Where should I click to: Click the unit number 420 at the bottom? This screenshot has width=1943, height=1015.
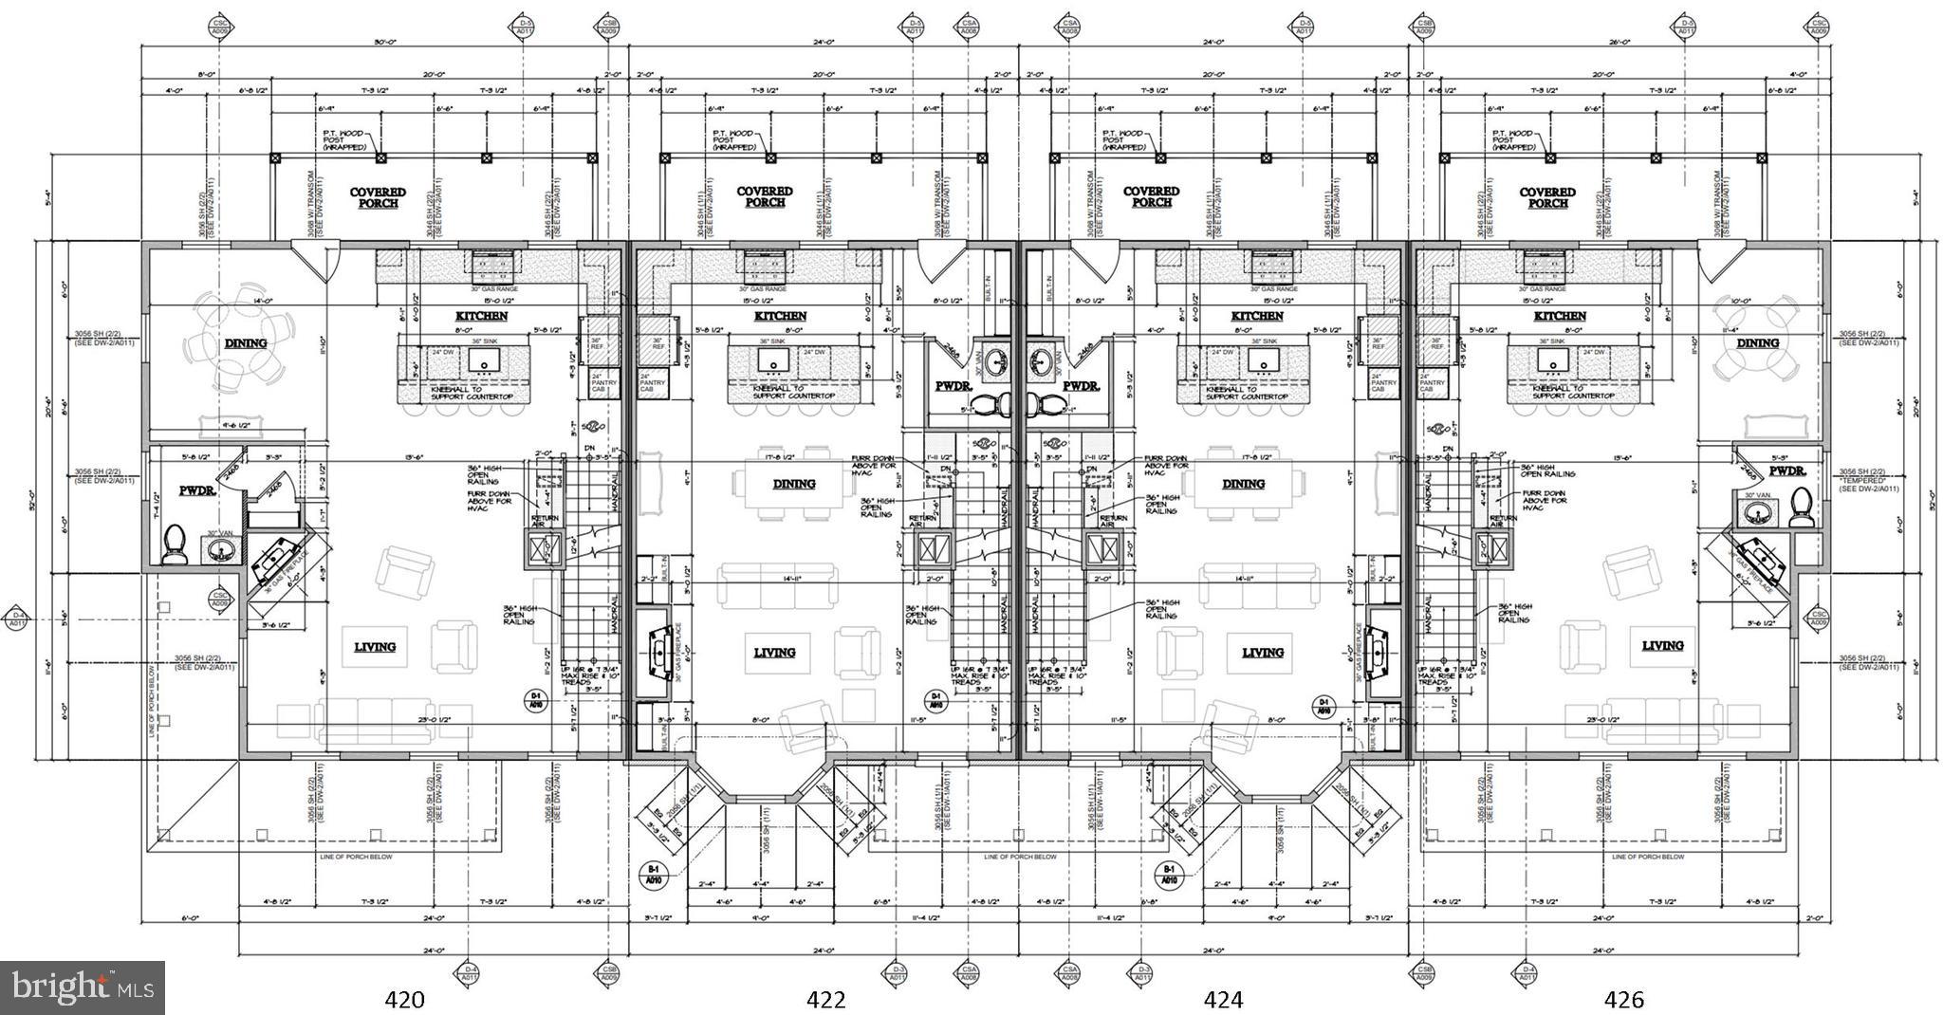coord(403,998)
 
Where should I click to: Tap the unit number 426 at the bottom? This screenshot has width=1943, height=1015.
coord(1623,998)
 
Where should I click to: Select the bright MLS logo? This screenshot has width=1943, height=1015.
coord(83,987)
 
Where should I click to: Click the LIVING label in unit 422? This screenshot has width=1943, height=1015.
coord(774,653)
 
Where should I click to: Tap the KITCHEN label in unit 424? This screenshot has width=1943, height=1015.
coord(1258,316)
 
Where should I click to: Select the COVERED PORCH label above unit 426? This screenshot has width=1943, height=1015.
coord(1547,197)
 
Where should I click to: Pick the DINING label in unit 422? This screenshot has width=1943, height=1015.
coord(793,484)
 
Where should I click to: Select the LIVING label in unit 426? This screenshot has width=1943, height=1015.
coord(1662,645)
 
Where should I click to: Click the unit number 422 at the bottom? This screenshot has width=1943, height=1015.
coord(825,998)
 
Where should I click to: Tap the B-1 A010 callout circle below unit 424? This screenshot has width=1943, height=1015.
coord(1169,875)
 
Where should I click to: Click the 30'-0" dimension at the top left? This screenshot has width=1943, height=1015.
coord(384,42)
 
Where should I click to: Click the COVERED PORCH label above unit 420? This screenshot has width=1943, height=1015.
coord(378,197)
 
